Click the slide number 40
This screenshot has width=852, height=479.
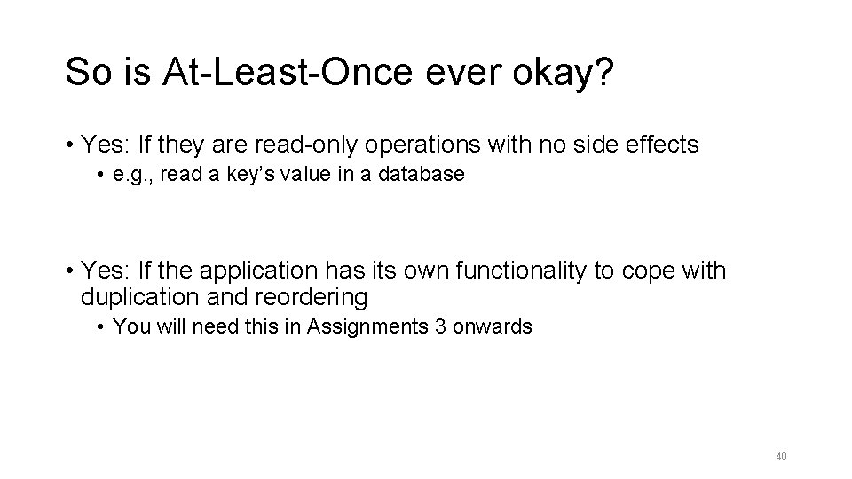(781, 457)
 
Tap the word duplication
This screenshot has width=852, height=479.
(131, 295)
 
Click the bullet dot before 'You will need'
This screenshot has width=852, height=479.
(104, 327)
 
